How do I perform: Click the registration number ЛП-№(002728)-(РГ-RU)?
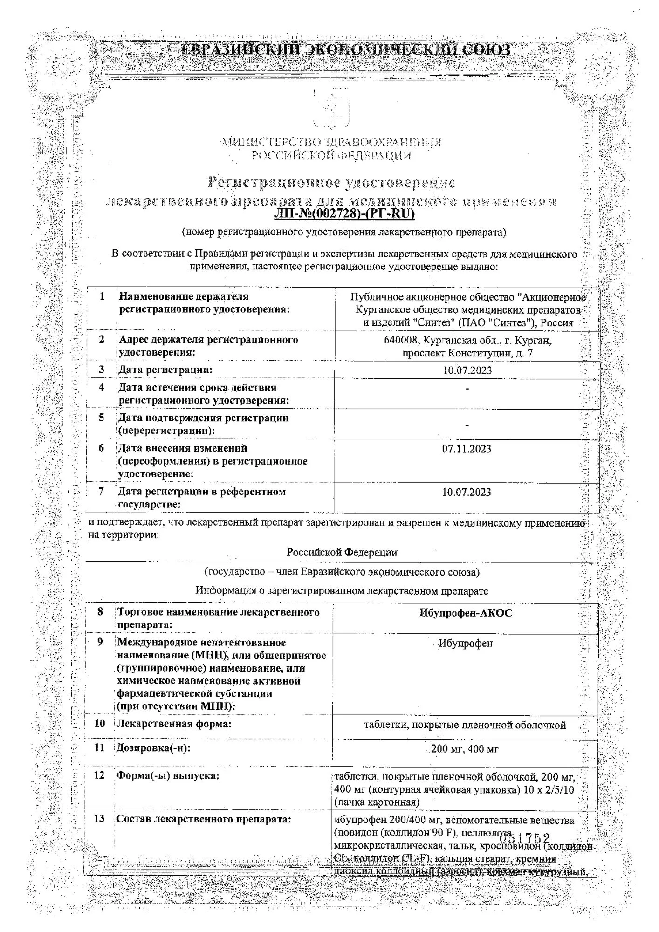344,214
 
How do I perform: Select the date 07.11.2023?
467,449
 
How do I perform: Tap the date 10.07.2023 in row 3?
467,370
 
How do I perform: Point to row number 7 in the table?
101,491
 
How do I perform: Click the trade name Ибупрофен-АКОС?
465,613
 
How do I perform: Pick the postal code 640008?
402,341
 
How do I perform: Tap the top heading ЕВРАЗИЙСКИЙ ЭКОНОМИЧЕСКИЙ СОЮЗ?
345,50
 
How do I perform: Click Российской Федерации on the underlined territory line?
342,553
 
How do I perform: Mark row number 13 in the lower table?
99,819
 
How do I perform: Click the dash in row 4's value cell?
467,388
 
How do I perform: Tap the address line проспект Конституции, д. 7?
467,353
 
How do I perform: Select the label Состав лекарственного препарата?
203,819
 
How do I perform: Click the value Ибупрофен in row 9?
465,644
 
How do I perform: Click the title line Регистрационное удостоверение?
331,182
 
